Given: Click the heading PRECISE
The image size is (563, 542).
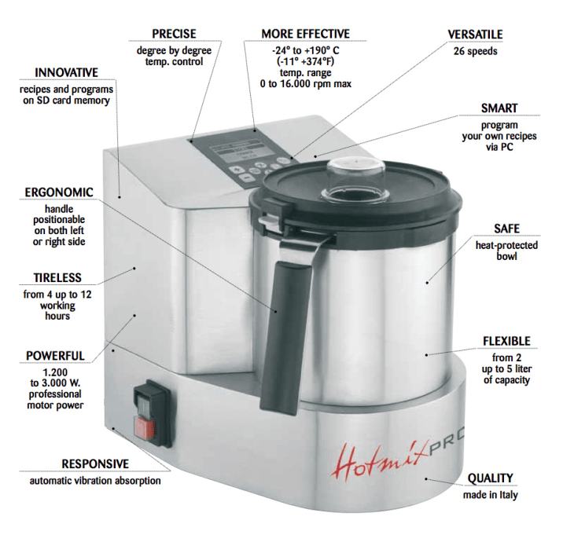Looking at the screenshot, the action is tap(174, 34).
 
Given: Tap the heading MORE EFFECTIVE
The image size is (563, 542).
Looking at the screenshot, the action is tap(305, 34).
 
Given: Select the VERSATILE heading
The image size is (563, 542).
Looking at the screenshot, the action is tap(475, 35).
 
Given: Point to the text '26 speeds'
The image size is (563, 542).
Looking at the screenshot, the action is tap(475, 51).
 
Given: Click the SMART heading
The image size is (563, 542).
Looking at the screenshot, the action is tap(499, 108).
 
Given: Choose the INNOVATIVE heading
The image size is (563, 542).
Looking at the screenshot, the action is tap(66, 72).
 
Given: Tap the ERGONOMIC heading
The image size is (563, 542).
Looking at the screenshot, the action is tap(59, 192).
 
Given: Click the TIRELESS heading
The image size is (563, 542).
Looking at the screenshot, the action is tap(57, 277).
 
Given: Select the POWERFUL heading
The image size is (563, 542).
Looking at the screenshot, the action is tap(55, 356).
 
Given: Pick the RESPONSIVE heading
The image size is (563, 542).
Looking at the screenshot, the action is tap(95, 463).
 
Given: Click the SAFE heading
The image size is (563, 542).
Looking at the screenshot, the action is tap(506, 229).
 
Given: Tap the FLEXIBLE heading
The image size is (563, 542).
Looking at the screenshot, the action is tap(506, 341).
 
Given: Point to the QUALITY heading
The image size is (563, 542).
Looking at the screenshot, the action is tap(490, 478).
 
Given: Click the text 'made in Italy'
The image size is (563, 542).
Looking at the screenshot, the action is tap(490, 495).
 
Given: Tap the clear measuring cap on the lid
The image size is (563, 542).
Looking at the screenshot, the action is tap(355, 178).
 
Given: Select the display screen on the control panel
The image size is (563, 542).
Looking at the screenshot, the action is tap(239, 152).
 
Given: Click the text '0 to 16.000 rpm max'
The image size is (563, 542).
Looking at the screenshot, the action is tap(306, 83).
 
